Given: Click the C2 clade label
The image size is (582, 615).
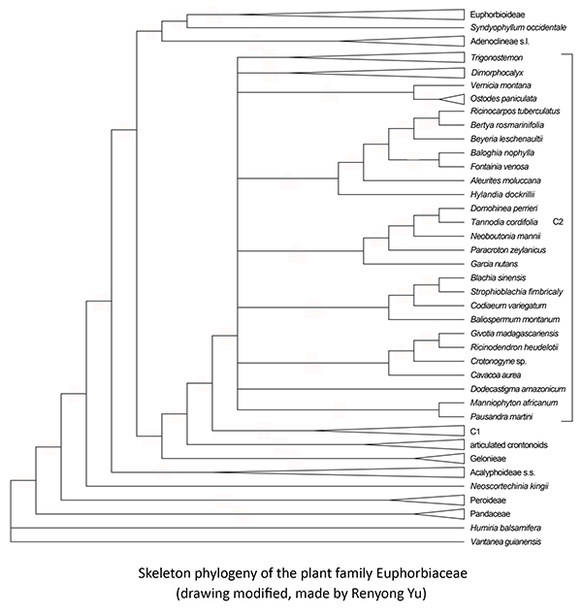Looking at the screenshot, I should pos(558,222).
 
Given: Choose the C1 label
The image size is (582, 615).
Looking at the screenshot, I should pos(475,430).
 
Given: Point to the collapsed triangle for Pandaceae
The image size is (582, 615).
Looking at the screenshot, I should pos(441,512).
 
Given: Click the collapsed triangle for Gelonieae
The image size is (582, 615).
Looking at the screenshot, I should pos(441,457).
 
